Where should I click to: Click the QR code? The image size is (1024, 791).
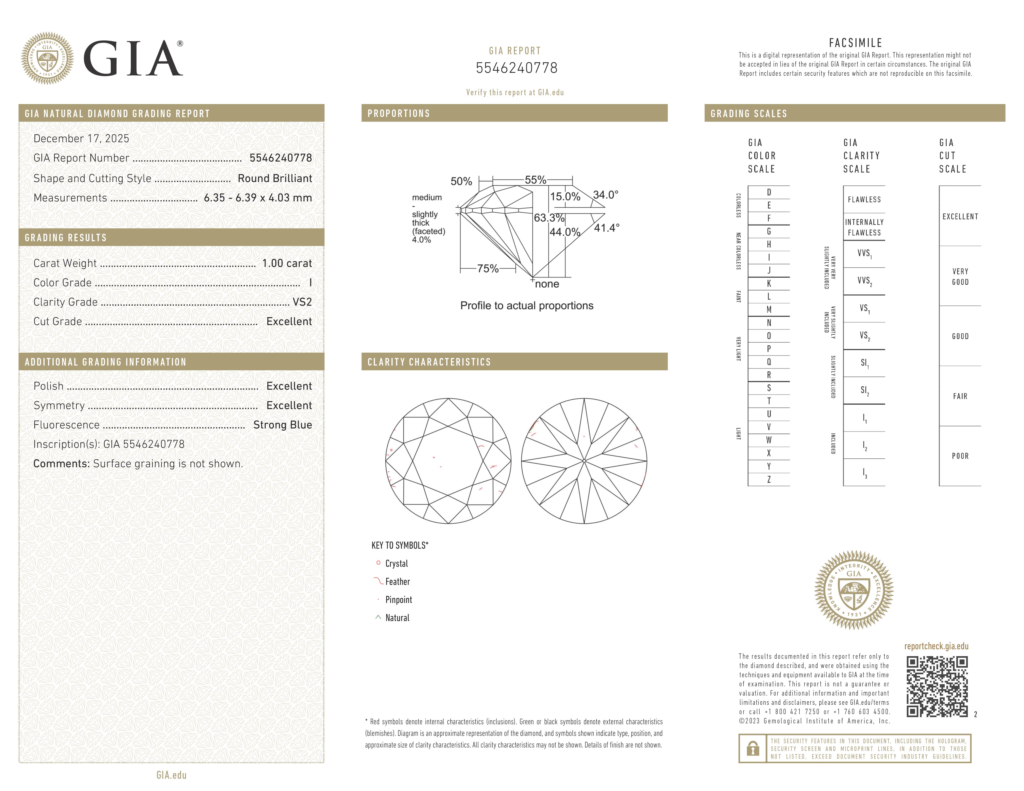point(937,687)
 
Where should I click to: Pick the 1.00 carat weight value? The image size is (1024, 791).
point(286,263)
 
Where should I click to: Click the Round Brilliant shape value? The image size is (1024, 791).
point(275,179)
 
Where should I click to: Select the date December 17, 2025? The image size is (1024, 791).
point(81,139)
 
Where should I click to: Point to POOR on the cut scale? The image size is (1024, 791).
point(960,456)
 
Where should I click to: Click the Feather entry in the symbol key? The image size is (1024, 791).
point(397,582)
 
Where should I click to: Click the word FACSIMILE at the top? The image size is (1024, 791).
point(855,43)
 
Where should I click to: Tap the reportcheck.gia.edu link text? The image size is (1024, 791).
point(936,646)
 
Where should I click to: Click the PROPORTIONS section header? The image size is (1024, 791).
point(398,113)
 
